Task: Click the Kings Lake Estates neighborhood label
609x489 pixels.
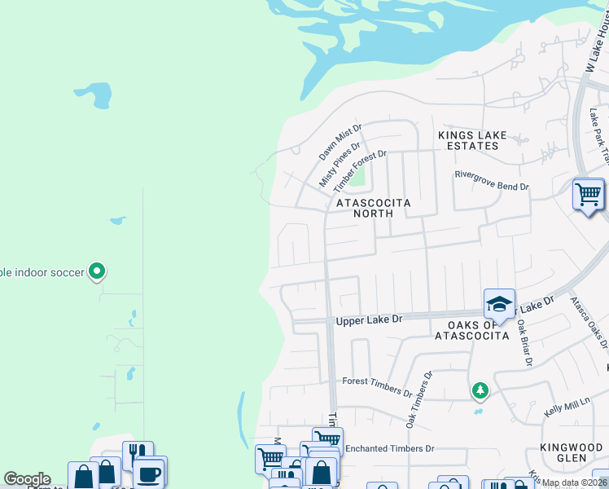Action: click(467, 140)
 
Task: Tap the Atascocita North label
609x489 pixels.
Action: click(372, 207)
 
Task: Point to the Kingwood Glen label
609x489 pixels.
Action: click(576, 452)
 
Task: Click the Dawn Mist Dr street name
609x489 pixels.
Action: click(340, 142)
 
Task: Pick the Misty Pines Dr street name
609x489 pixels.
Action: click(339, 165)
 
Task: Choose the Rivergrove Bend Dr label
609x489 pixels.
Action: click(491, 186)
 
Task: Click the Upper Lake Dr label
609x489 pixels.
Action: click(370, 320)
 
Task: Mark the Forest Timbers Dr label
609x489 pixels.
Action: click(377, 386)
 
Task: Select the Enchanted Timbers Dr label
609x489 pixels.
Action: click(390, 449)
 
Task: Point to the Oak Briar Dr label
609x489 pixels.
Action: click(525, 341)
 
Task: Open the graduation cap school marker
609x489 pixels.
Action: click(499, 305)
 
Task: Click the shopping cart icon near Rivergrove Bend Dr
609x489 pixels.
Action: click(589, 195)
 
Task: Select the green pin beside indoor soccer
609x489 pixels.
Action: click(97, 271)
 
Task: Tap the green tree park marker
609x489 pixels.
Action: click(480, 391)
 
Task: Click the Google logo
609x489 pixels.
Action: click(27, 479)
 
